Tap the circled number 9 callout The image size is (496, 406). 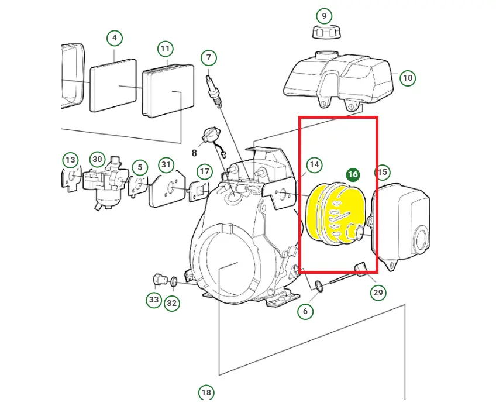click(x=323, y=16)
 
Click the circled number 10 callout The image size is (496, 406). click(x=408, y=78)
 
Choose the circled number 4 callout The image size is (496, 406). click(x=115, y=38)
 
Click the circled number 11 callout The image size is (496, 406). click(x=165, y=49)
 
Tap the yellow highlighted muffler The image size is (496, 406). click(x=336, y=215)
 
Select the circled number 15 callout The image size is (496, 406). click(x=382, y=172)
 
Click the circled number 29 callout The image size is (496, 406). click(x=378, y=293)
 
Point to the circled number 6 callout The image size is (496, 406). click(x=305, y=311)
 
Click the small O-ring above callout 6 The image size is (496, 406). click(x=319, y=285)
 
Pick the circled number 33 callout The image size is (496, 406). click(x=154, y=299)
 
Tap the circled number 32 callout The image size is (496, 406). click(x=171, y=304)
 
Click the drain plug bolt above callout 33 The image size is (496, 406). click(x=160, y=280)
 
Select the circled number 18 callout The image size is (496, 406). click(x=206, y=393)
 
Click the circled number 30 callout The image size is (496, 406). click(x=97, y=159)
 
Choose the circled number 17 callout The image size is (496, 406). click(x=204, y=172)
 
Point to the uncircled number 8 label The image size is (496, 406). click(x=194, y=153)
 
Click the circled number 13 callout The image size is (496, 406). click(x=70, y=160)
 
